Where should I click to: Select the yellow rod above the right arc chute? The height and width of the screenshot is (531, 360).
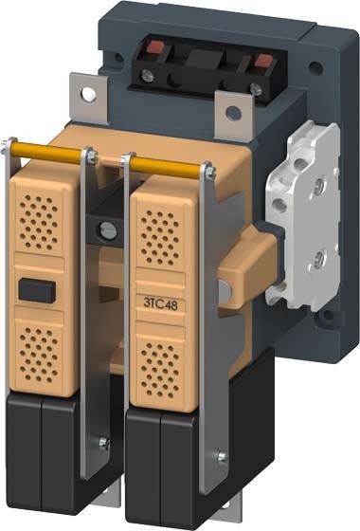point(165,165)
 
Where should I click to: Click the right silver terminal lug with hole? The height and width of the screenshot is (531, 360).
point(232,113)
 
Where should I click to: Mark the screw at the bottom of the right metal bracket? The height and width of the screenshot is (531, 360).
point(222,459)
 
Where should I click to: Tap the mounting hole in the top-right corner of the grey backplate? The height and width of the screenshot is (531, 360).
point(315,69)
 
